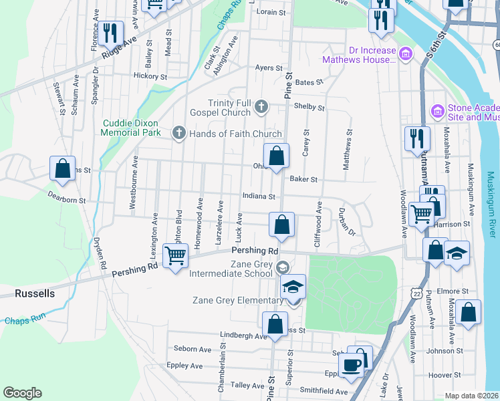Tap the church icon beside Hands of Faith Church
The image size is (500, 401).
[x=178, y=133]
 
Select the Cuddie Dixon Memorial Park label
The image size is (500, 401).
[x=132, y=128]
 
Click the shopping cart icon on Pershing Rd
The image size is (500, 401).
[x=175, y=255]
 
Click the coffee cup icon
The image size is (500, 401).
[x=351, y=366]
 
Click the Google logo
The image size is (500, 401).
[x=22, y=393]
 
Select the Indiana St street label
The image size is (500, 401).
[x=259, y=196]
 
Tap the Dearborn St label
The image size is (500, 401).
[x=66, y=198]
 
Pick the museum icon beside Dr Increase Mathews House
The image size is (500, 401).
[x=405, y=53]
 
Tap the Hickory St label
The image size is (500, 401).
[x=150, y=76]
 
